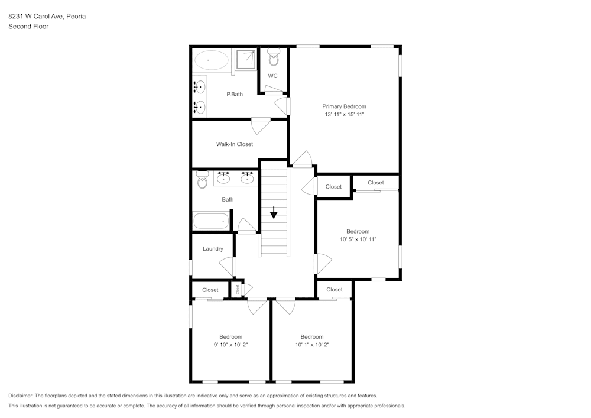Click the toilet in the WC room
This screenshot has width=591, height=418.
coord(274,59)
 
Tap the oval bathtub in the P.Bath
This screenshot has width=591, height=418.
coord(211,60)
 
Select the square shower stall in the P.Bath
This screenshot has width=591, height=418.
coord(246,60)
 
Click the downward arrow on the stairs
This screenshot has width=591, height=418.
coord(274,213)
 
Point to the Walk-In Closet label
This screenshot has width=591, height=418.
coord(234,144)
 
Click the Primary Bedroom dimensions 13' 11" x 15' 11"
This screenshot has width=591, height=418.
coord(344,114)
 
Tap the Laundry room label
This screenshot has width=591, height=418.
coord(213,249)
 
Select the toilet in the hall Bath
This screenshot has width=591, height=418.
coord(202,180)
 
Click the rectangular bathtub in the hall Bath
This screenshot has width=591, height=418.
coord(211,221)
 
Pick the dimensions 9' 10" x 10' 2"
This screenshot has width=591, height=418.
coord(230,345)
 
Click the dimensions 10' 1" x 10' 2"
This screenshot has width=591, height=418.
coord(311,345)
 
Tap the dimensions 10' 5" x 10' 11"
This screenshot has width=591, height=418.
coord(358,239)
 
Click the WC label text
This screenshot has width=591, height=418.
coord(272,76)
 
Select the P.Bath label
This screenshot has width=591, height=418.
coord(235,95)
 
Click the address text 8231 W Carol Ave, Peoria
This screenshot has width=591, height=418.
coord(47,17)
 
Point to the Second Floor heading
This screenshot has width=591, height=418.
coord(28,27)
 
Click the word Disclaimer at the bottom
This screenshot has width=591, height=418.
coord(21,396)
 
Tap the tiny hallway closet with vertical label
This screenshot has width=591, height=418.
coord(238,290)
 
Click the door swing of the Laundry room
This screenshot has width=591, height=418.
coord(227,266)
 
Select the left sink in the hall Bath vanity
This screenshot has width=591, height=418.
coord(224,177)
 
